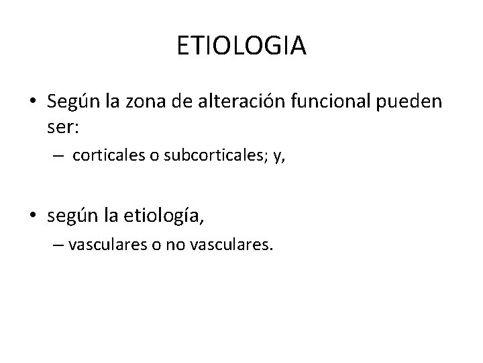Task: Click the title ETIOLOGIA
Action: tap(241, 46)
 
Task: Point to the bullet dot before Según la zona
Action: tap(32, 102)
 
